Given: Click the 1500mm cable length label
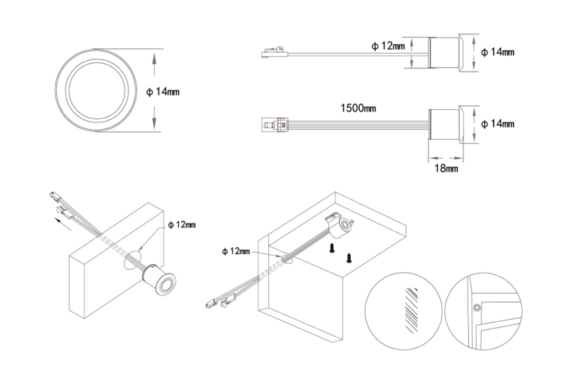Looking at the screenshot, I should [x=358, y=108].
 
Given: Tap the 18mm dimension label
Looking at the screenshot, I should [x=445, y=168].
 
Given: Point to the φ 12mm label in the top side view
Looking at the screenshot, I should [x=388, y=46].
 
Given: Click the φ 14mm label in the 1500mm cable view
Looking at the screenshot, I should [x=497, y=124].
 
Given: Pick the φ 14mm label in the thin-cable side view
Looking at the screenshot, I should [x=497, y=52].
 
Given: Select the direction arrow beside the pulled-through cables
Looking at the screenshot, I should [x=61, y=223].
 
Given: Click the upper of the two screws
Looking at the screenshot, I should [x=331, y=248].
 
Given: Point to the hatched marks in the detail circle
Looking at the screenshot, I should [x=410, y=309].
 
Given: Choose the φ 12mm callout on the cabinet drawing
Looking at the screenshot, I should [x=236, y=251].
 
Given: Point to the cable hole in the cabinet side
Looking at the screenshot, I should [x=287, y=259].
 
